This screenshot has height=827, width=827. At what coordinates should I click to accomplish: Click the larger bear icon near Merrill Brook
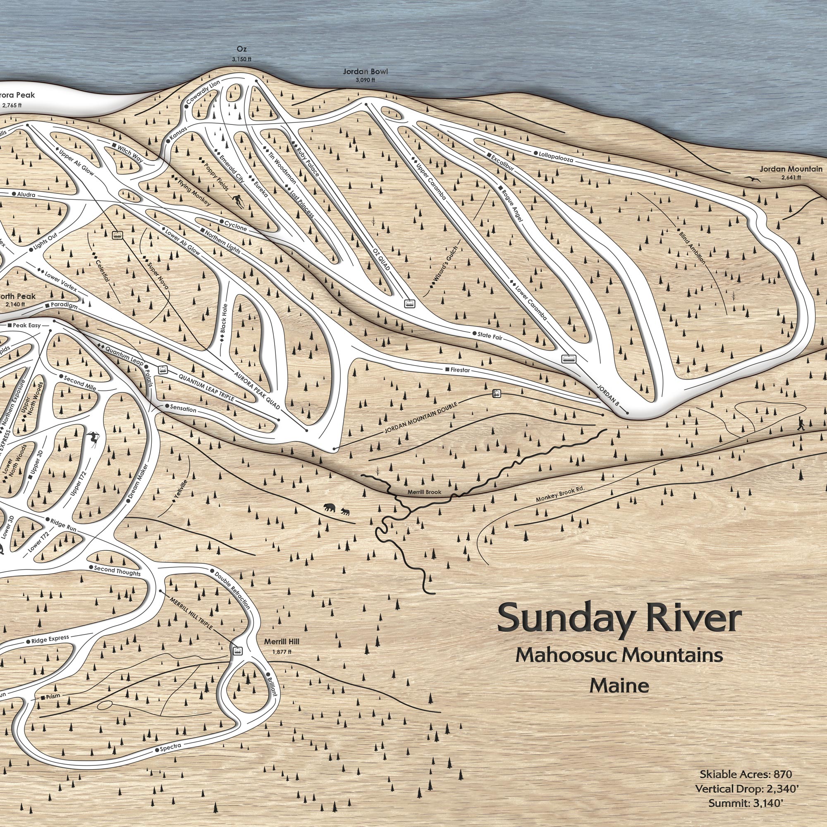coord(330,508)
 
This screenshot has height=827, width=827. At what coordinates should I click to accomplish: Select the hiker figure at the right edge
coord(801,424)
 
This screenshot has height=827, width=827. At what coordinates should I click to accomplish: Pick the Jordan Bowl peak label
coord(365,72)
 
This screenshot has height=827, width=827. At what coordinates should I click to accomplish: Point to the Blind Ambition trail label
coord(691,247)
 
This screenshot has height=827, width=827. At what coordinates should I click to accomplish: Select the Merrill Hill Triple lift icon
coord(237,651)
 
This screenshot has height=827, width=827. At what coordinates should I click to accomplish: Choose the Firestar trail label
coord(461,369)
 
